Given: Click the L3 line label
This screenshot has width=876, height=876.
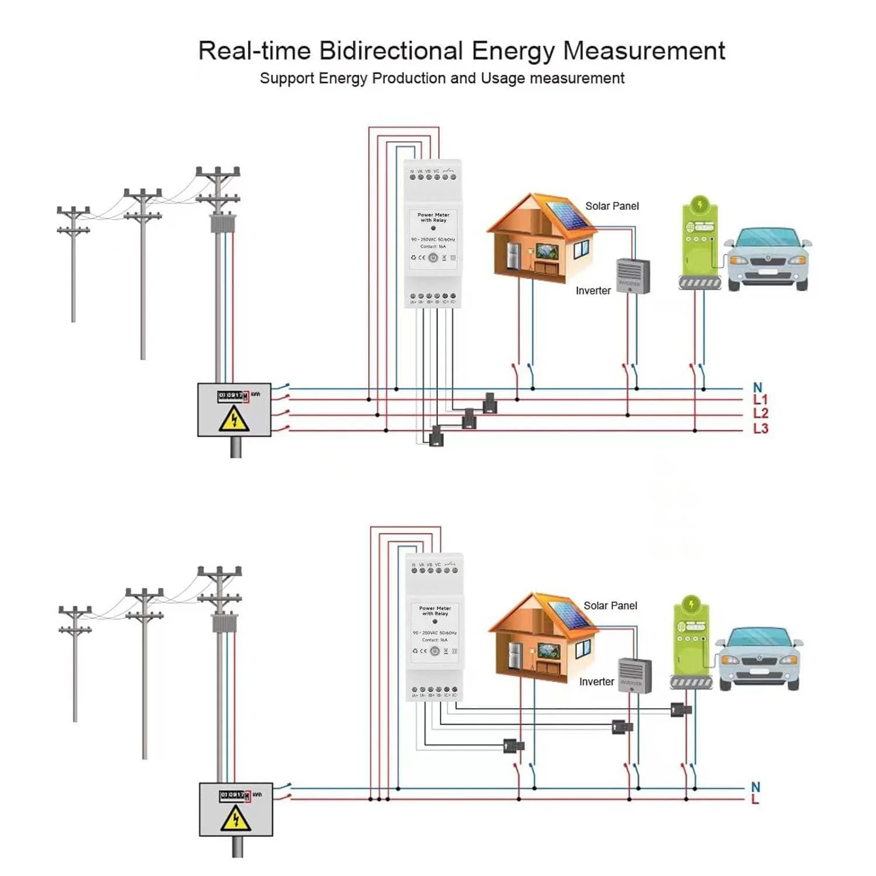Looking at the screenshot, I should point(760,429).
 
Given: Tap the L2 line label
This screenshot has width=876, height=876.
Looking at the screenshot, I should point(760,413).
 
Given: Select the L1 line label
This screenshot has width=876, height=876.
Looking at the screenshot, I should point(760,400).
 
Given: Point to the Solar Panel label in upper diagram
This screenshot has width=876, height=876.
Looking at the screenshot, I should point(611,206).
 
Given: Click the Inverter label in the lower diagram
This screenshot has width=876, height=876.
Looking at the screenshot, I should point(596,682).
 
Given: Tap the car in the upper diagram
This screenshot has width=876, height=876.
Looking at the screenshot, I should point(767,258).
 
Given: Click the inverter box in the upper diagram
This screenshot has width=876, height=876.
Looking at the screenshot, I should point(633,276).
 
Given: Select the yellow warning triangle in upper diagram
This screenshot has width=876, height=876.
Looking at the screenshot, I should point(234,419).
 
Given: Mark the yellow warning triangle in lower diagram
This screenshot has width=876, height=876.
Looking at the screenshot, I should point(235,818).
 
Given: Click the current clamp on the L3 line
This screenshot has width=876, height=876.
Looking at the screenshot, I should point(436,436).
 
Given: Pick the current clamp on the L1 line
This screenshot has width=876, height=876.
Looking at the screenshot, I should point(489,403).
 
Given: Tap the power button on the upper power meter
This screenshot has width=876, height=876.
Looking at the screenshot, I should point(433,258).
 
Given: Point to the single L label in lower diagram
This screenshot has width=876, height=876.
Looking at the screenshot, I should point(755,799).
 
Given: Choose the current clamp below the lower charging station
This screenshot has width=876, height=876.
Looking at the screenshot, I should point(681,710).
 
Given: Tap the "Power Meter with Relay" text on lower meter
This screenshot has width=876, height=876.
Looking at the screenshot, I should point(435,611).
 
